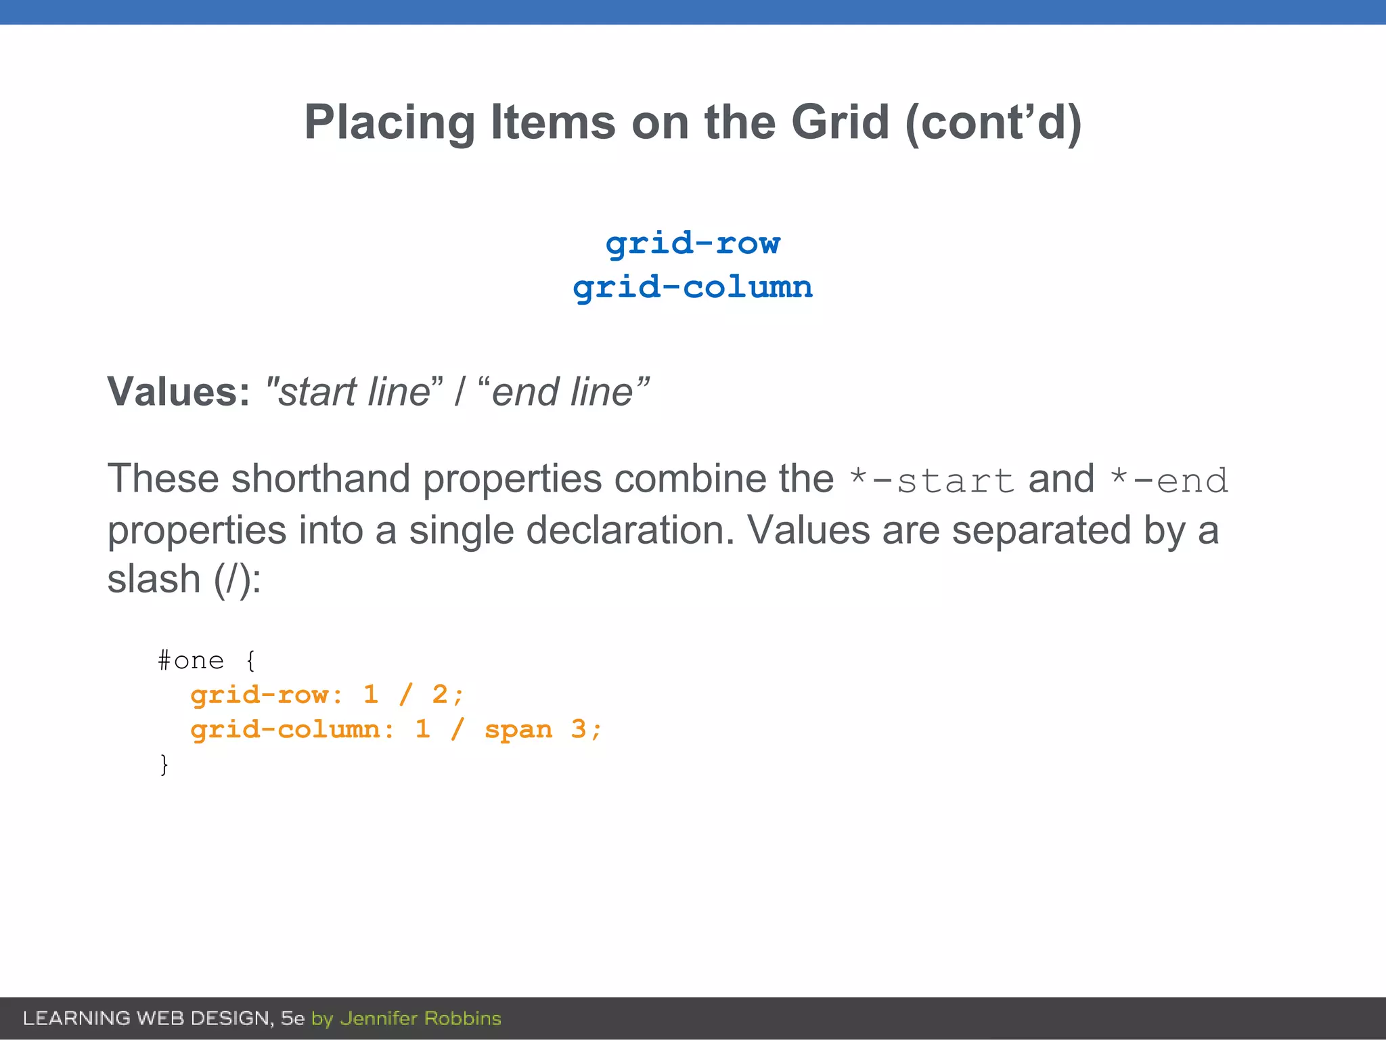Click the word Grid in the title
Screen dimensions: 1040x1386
[840, 123]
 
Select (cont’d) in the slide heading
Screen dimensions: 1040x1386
[993, 123]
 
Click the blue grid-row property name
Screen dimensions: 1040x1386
[693, 243]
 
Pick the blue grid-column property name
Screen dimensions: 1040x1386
[693, 287]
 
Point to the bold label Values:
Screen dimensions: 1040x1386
[179, 392]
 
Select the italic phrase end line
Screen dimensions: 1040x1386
[562, 392]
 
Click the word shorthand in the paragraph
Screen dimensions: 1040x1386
[321, 479]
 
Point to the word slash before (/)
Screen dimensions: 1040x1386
[154, 580]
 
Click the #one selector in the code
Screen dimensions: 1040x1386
[191, 660]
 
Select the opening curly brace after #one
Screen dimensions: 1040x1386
[251, 660]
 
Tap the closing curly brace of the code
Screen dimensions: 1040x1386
[164, 764]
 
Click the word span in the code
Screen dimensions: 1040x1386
[518, 730]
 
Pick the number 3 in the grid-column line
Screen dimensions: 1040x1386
[579, 729]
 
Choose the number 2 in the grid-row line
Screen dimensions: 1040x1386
[440, 695]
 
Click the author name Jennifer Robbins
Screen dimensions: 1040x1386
[420, 1018]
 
